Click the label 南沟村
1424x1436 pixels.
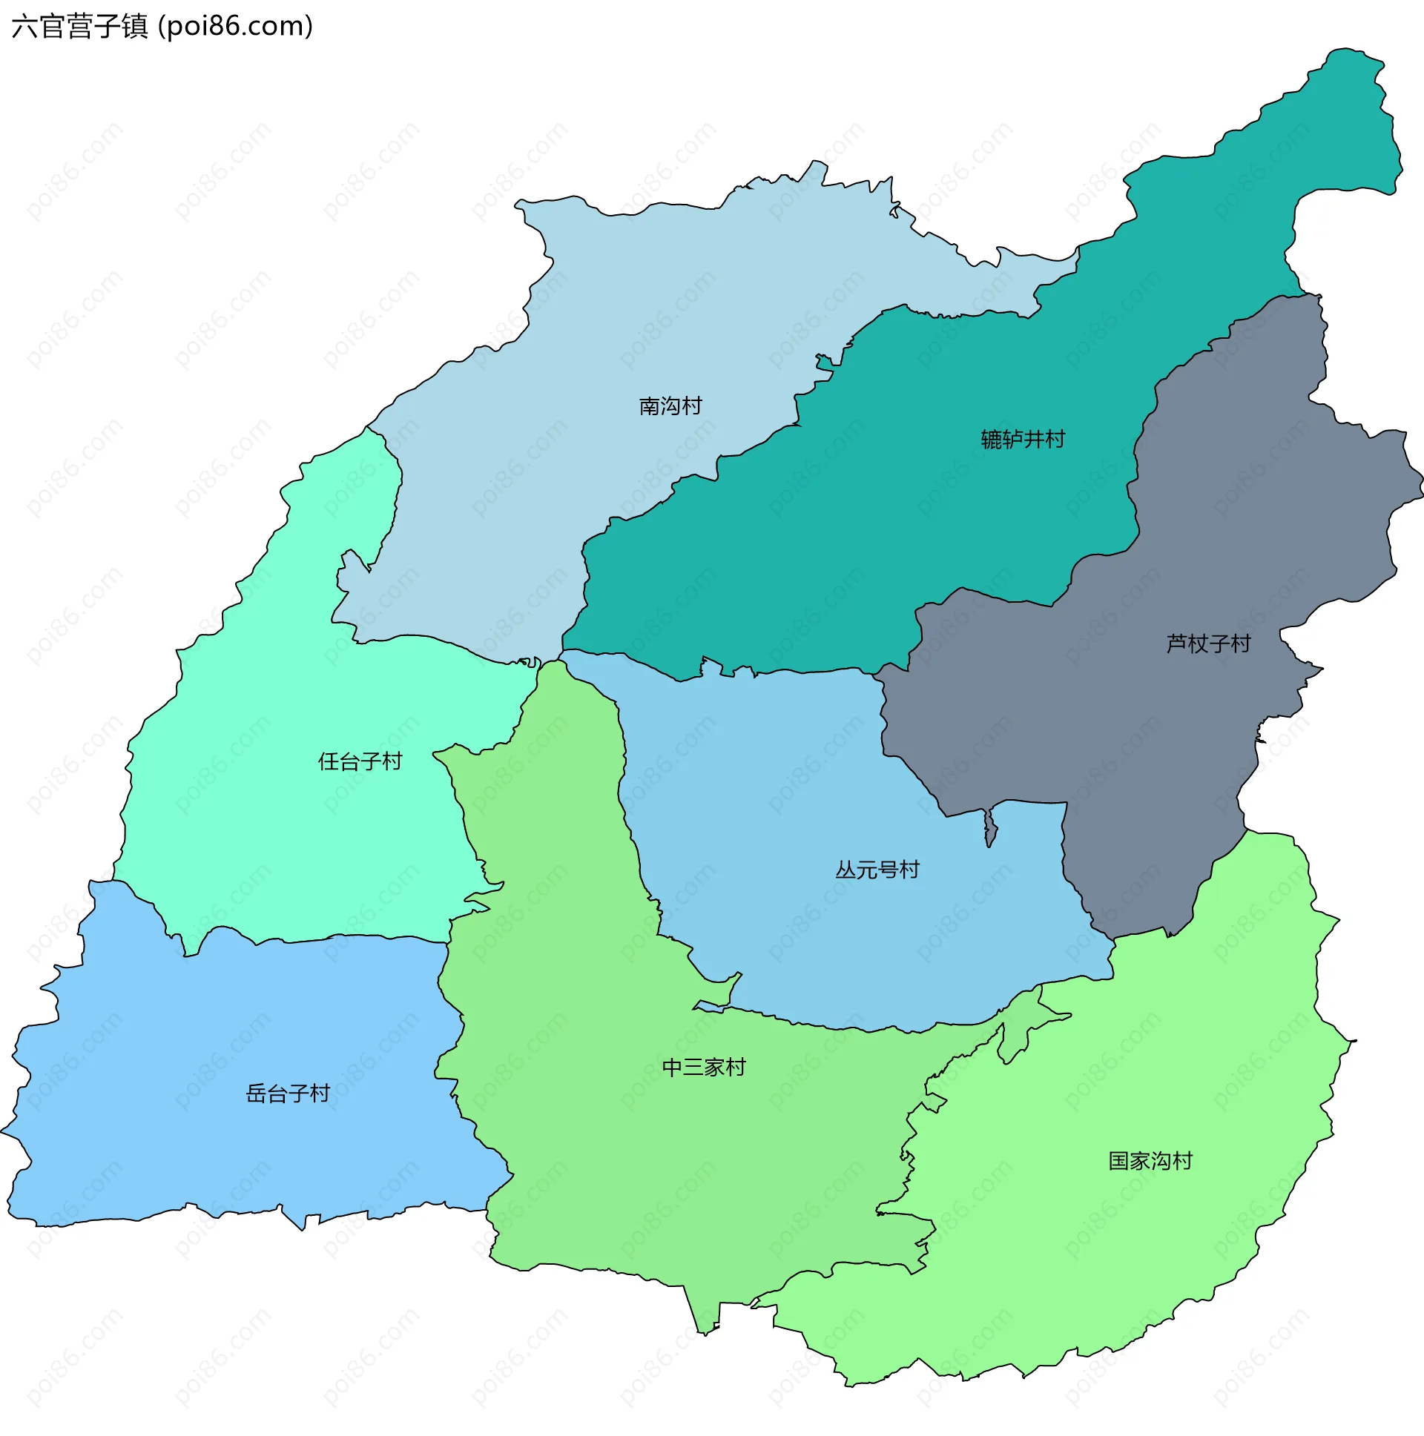click(670, 406)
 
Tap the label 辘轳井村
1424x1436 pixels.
click(1023, 440)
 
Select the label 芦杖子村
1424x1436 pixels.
click(1208, 643)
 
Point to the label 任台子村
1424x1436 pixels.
click(360, 761)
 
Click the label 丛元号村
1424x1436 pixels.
click(877, 869)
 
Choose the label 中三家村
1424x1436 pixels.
click(703, 1068)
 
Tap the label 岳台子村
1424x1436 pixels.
click(288, 1093)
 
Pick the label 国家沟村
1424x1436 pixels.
click(1150, 1160)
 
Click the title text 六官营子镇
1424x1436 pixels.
click(80, 26)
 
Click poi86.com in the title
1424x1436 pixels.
click(236, 26)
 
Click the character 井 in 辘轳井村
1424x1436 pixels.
click(1034, 440)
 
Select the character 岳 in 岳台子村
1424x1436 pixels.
click(257, 1093)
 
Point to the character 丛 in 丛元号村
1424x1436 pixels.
click(846, 869)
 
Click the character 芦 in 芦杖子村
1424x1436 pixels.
click(1177, 643)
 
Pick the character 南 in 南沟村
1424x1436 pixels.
click(649, 406)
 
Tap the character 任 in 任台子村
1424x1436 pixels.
click(329, 761)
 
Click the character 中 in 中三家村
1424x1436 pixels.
click(672, 1068)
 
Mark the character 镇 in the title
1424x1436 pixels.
click(135, 26)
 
